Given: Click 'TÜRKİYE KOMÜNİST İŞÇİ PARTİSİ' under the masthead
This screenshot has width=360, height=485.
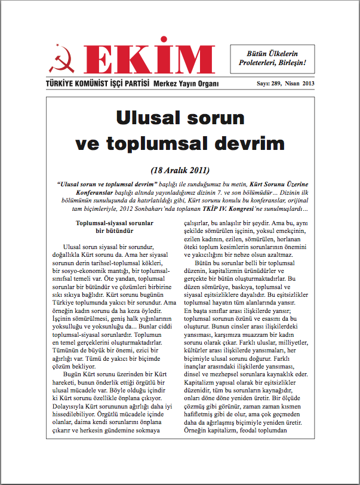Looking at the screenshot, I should coord(96,84).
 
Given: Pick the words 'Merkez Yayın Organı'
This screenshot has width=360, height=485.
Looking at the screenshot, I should coord(186,84).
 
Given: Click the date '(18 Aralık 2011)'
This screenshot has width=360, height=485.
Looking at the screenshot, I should coord(180,169).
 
